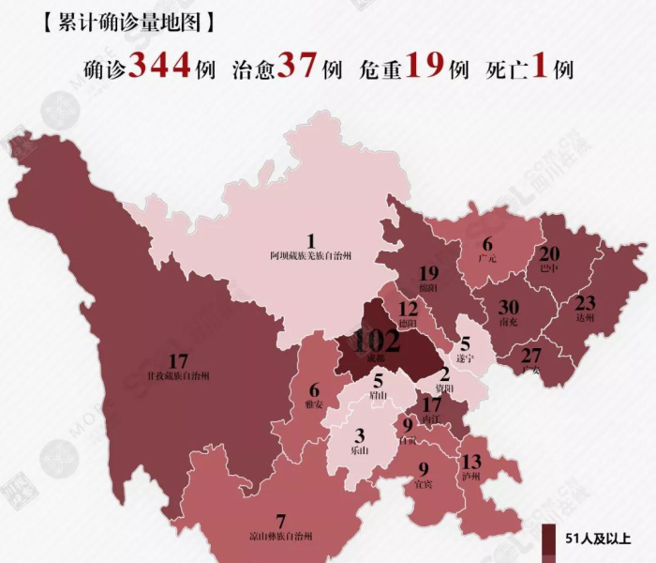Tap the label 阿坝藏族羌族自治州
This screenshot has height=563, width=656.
tap(310, 254)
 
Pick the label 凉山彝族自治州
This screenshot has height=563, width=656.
tap(280, 536)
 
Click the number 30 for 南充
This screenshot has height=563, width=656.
tap(509, 309)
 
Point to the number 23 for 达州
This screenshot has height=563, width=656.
tap(585, 303)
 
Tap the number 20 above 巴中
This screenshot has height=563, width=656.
tap(550, 253)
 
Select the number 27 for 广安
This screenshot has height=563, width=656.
tap(531, 355)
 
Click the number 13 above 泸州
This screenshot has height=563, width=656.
tap(471, 461)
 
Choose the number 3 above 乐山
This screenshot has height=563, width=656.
tap(359, 436)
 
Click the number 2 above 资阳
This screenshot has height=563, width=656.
tap(445, 373)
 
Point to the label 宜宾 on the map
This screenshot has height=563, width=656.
tap(424, 484)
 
